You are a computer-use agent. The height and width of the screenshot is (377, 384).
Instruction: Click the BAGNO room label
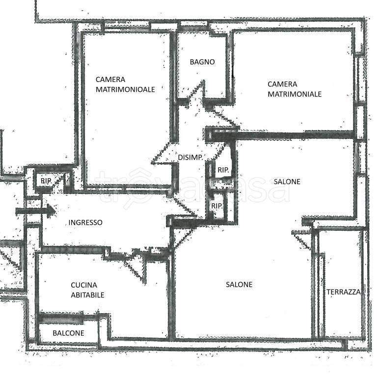(202, 62)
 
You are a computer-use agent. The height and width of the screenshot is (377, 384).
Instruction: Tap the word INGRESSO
(85, 222)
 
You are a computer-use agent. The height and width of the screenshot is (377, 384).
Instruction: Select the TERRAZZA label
(343, 292)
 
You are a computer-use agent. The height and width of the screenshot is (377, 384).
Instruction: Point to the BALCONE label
(68, 333)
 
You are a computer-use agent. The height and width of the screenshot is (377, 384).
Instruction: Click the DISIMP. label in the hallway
(190, 157)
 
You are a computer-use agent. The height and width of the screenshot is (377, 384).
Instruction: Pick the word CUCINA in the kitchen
(84, 285)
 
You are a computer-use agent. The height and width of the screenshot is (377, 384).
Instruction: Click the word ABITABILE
(87, 295)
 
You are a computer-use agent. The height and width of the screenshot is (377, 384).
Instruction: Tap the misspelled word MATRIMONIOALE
(125, 89)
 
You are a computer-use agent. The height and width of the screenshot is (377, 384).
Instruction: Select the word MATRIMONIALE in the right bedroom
(295, 93)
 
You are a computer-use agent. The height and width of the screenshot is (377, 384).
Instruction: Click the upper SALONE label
(287, 182)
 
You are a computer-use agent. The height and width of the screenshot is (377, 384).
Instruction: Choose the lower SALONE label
(239, 285)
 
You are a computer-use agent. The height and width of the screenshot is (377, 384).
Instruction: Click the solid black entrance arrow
(35, 211)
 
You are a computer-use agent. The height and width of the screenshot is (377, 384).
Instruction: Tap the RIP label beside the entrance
(46, 181)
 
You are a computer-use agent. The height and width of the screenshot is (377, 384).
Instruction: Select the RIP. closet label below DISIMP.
(223, 170)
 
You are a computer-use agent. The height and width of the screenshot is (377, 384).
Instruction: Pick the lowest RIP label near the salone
(217, 206)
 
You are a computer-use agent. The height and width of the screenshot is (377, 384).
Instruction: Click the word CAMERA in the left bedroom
(110, 80)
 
